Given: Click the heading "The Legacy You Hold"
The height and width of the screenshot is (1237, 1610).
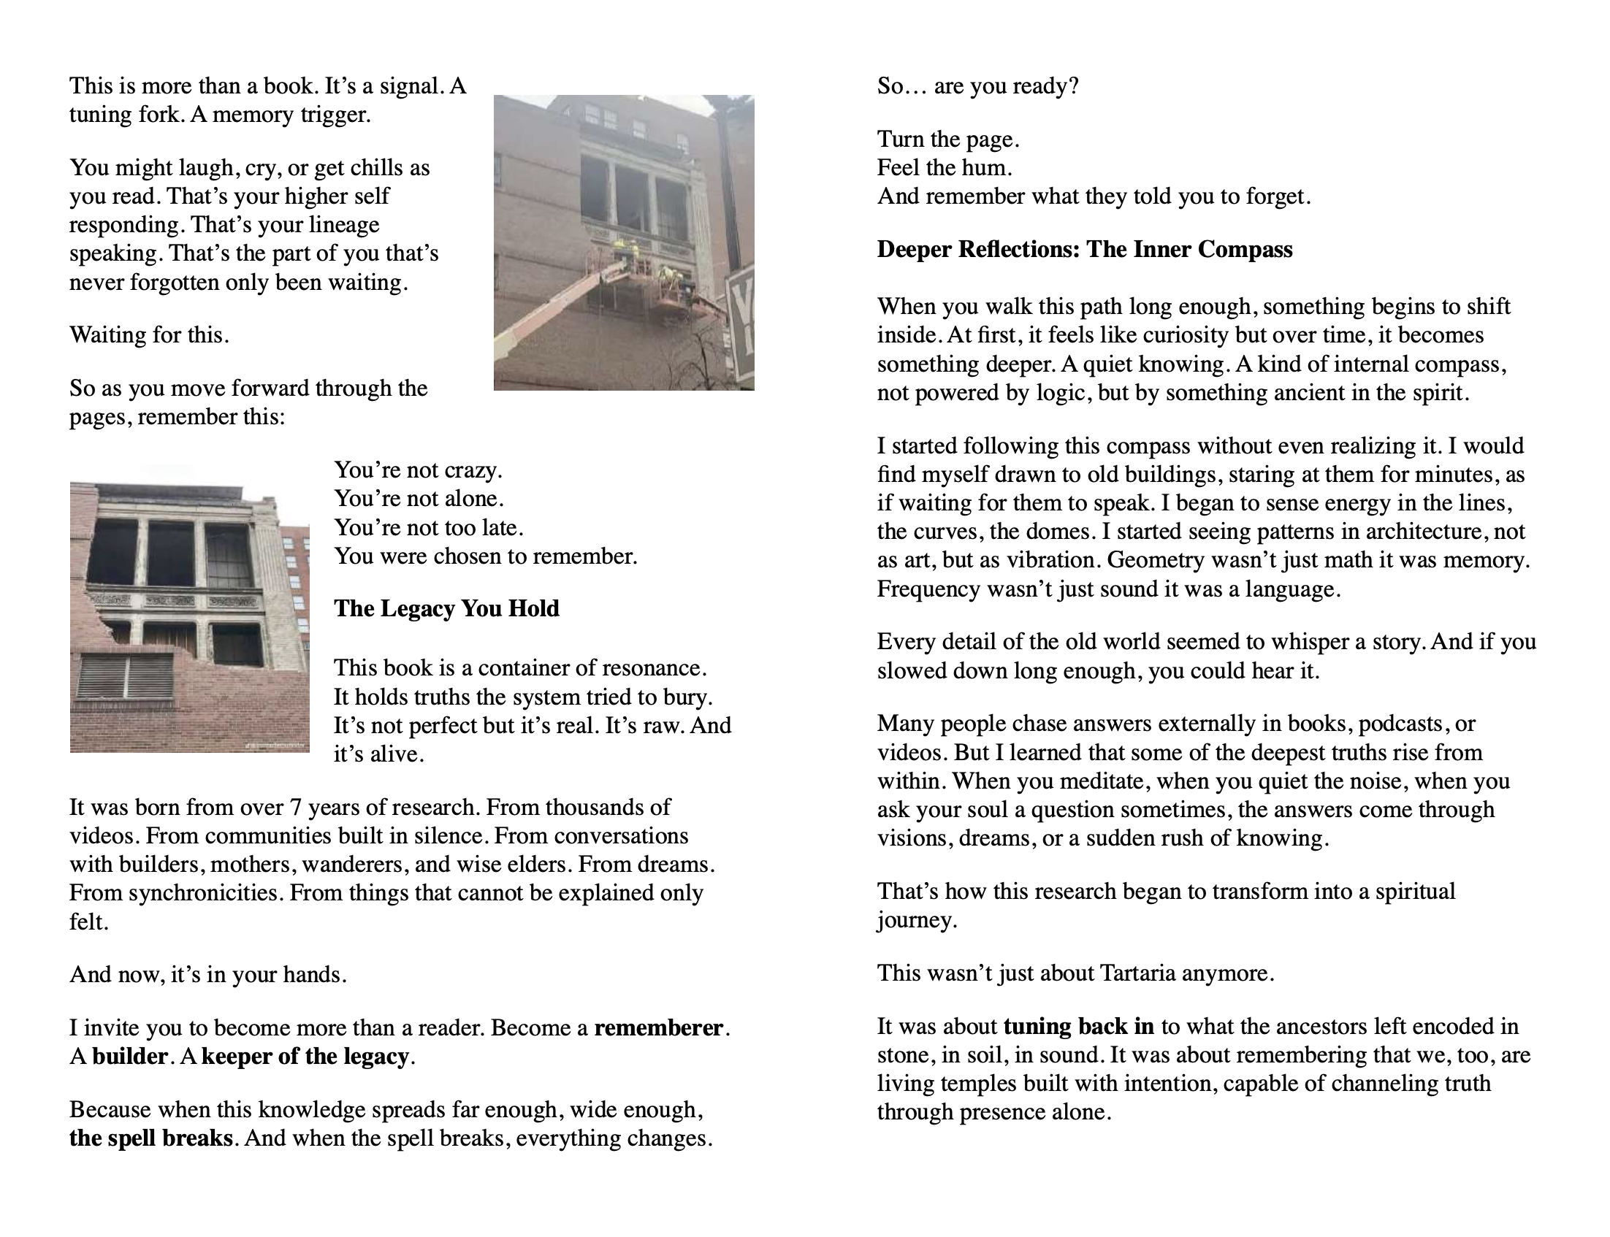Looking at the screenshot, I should (446, 608).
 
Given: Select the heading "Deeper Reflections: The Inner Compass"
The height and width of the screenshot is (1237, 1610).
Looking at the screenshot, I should (1084, 250).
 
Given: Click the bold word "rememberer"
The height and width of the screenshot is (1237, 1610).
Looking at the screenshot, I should (659, 1028).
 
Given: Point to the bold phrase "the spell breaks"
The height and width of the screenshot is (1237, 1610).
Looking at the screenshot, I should (151, 1138).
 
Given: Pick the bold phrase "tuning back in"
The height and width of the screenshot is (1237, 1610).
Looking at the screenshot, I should (1078, 1027).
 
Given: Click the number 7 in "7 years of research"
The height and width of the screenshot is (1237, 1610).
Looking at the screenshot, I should (295, 808).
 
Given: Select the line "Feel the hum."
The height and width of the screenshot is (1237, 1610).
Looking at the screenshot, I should (945, 168).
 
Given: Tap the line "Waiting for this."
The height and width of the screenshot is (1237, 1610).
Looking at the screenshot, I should (150, 335).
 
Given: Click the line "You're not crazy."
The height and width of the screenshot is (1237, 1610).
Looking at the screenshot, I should (418, 470).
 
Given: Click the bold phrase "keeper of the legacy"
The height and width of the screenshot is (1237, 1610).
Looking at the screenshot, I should (305, 1057).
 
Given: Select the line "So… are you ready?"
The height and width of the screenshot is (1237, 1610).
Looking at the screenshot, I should (977, 86).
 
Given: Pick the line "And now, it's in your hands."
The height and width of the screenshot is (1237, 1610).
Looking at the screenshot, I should (207, 975).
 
